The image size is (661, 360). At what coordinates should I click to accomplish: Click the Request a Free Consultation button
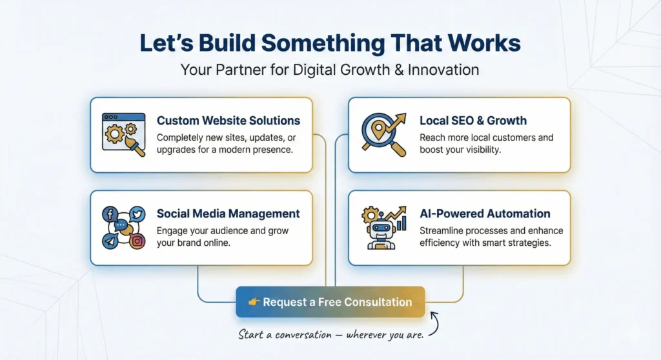pyautogui.click(x=330, y=302)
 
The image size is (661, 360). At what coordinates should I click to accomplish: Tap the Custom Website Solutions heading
pyautogui.click(x=228, y=121)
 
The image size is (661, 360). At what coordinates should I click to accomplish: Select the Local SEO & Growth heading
pyautogui.click(x=473, y=121)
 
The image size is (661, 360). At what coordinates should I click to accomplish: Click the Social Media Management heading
pyautogui.click(x=228, y=214)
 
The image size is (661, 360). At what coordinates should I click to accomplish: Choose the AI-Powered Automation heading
pyautogui.click(x=484, y=214)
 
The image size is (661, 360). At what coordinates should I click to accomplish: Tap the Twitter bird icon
pyautogui.click(x=137, y=215)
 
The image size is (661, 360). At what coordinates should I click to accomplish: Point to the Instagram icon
pyautogui.click(x=137, y=241)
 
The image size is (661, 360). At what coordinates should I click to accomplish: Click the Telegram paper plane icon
pyautogui.click(x=110, y=241)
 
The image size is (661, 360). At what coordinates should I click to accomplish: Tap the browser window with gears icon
pyautogui.click(x=123, y=134)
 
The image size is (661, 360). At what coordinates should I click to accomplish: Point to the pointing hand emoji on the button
pyautogui.click(x=254, y=302)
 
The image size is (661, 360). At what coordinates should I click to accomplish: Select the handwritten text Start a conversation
pyautogui.click(x=284, y=334)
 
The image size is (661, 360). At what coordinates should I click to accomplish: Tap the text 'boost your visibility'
pyautogui.click(x=460, y=150)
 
